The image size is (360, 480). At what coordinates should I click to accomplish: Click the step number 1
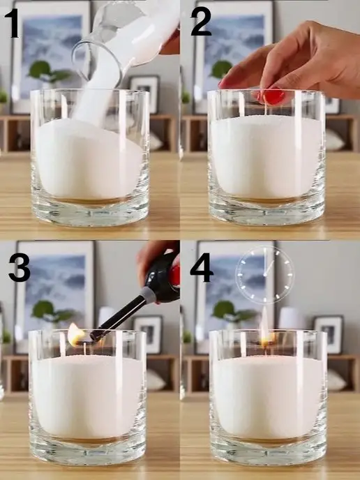[x=13, y=23]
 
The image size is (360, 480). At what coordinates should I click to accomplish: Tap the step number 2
[x=201, y=21]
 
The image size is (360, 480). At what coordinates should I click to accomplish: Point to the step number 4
[x=202, y=267]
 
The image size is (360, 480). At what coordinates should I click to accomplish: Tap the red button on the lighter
[x=174, y=276]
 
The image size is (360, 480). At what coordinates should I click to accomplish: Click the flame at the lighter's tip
[x=75, y=334]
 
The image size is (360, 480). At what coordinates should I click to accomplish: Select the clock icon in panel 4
[x=264, y=275]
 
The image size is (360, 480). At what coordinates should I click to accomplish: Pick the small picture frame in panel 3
[x=148, y=334]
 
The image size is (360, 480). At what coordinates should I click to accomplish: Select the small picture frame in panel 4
[x=328, y=334]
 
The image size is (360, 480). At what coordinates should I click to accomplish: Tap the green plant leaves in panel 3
[x=52, y=311]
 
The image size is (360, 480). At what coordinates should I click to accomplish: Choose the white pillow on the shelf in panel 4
[x=336, y=380]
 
